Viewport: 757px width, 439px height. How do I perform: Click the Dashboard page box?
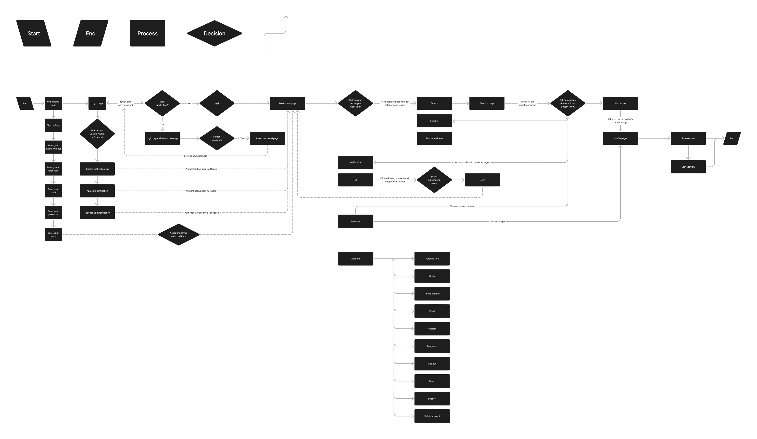point(288,103)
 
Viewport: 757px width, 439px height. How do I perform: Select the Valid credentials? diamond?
point(162,103)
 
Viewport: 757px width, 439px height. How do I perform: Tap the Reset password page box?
point(267,138)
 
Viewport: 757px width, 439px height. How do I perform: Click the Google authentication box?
point(97,169)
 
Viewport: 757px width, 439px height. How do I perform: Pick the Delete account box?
point(432,416)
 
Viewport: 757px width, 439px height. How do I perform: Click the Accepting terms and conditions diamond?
point(178,234)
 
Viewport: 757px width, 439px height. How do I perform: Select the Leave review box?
point(688,167)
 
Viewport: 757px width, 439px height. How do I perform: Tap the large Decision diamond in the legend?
point(214,33)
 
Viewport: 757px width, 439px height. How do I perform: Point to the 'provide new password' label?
point(196,156)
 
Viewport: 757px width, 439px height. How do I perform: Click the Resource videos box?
point(434,138)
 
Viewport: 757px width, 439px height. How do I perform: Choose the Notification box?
point(355,162)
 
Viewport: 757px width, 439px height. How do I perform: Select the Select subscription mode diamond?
point(434,180)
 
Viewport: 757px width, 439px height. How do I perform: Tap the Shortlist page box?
point(487,103)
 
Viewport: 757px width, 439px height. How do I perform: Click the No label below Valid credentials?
point(162,124)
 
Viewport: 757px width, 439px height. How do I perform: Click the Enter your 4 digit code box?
point(53,169)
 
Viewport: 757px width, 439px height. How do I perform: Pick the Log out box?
point(432,364)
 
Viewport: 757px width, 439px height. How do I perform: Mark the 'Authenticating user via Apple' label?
point(201,191)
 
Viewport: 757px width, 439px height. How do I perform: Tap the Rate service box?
point(688,138)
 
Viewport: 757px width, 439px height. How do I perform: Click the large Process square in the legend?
point(148,33)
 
